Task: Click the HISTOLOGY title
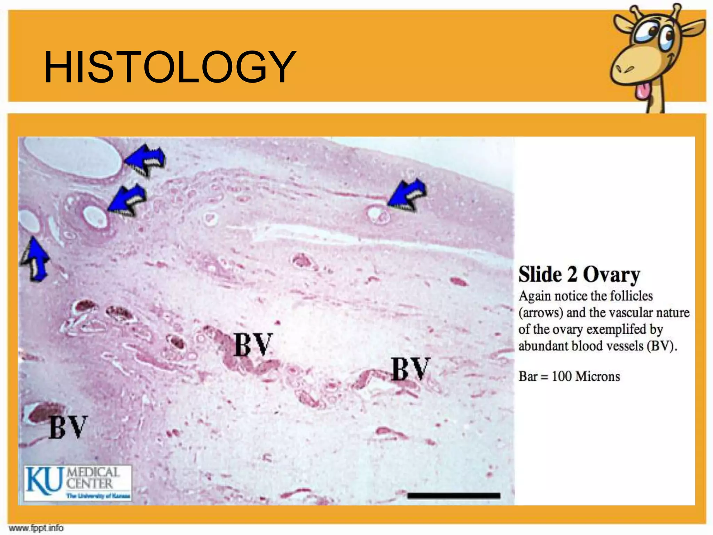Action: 170,67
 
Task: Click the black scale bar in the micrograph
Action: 454,495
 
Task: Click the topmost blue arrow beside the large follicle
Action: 145,160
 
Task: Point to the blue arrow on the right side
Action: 407,195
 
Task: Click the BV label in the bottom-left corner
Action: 68,427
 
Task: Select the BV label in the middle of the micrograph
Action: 253,344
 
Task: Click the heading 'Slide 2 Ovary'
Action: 579,274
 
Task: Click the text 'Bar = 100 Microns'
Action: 569,377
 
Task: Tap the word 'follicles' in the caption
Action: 632,296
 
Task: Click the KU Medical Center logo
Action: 78,483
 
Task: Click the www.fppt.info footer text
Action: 36,528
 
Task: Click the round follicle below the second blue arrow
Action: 94,217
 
